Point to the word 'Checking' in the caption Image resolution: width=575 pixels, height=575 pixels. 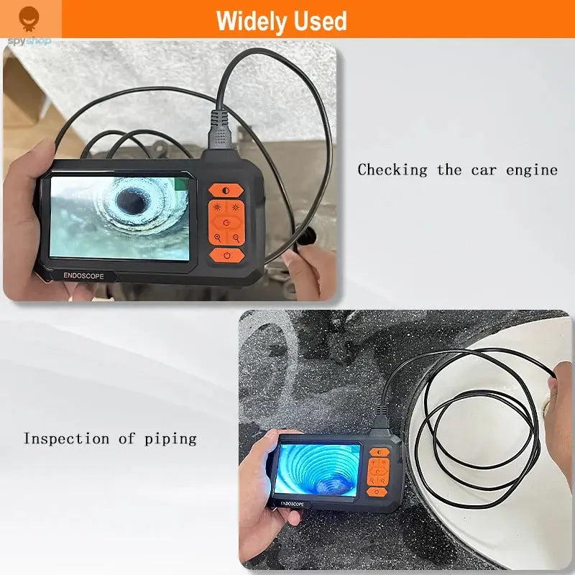click(x=392, y=170)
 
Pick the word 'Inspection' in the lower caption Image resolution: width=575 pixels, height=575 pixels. click(x=67, y=438)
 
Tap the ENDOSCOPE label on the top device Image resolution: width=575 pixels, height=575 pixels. click(x=84, y=275)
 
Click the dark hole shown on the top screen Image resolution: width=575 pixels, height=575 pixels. click(x=132, y=198)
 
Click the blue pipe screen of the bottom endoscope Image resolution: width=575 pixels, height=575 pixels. click(x=317, y=469)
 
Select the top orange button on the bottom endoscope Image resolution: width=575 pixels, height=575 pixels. click(x=379, y=453)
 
